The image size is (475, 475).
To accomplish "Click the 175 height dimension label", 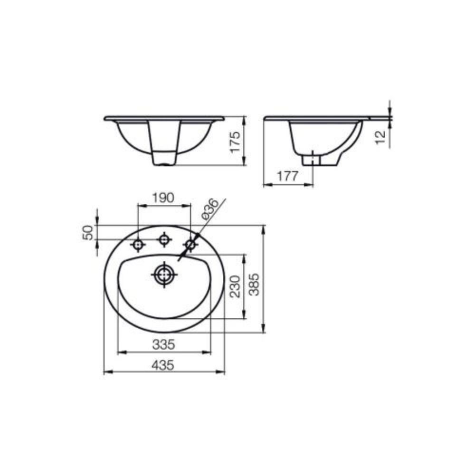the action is click(x=236, y=142).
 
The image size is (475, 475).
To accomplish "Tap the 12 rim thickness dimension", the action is click(x=380, y=137).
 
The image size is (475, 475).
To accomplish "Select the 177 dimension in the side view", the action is click(x=288, y=176).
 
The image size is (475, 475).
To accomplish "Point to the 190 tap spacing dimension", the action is click(x=163, y=198).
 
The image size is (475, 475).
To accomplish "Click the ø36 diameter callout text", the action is click(x=209, y=209).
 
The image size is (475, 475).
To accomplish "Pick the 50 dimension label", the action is click(x=88, y=233).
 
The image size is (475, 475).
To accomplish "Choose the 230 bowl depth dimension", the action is click(x=235, y=286).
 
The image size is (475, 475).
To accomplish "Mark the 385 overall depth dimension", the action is click(x=254, y=285).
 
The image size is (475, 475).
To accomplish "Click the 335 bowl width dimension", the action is click(x=163, y=344).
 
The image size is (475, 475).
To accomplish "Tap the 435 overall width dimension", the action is click(x=163, y=365).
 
